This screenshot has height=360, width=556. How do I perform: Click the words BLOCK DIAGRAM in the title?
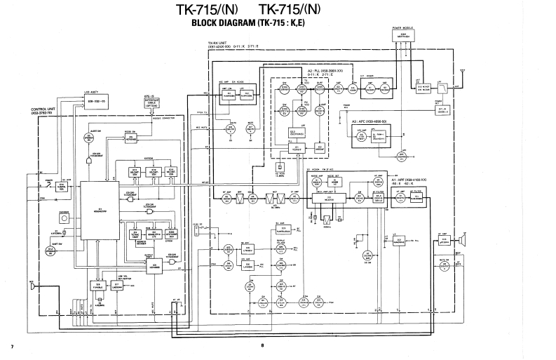(x=220, y=22)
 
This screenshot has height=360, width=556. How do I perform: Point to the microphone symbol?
(x=32, y=286)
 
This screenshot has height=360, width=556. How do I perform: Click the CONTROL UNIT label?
(x=43, y=112)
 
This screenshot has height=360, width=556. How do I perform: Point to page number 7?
(x=12, y=346)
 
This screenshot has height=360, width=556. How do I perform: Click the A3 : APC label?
(x=370, y=121)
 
